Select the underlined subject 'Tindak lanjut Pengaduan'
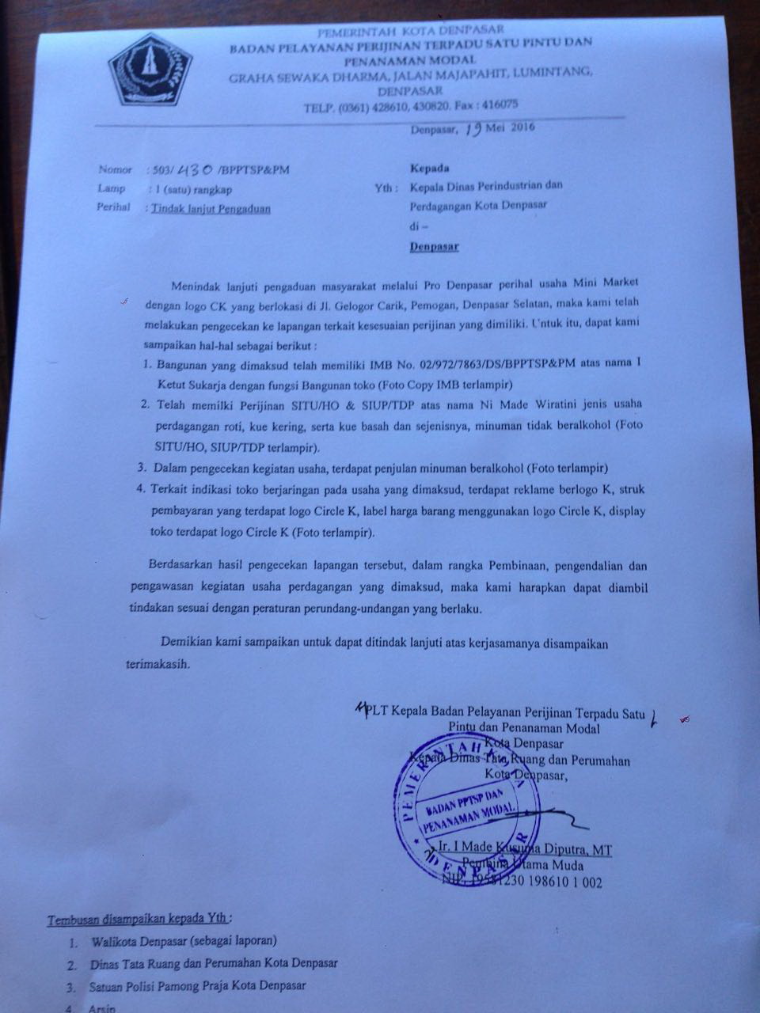[x=214, y=209]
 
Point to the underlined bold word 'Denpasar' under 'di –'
[x=435, y=246]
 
